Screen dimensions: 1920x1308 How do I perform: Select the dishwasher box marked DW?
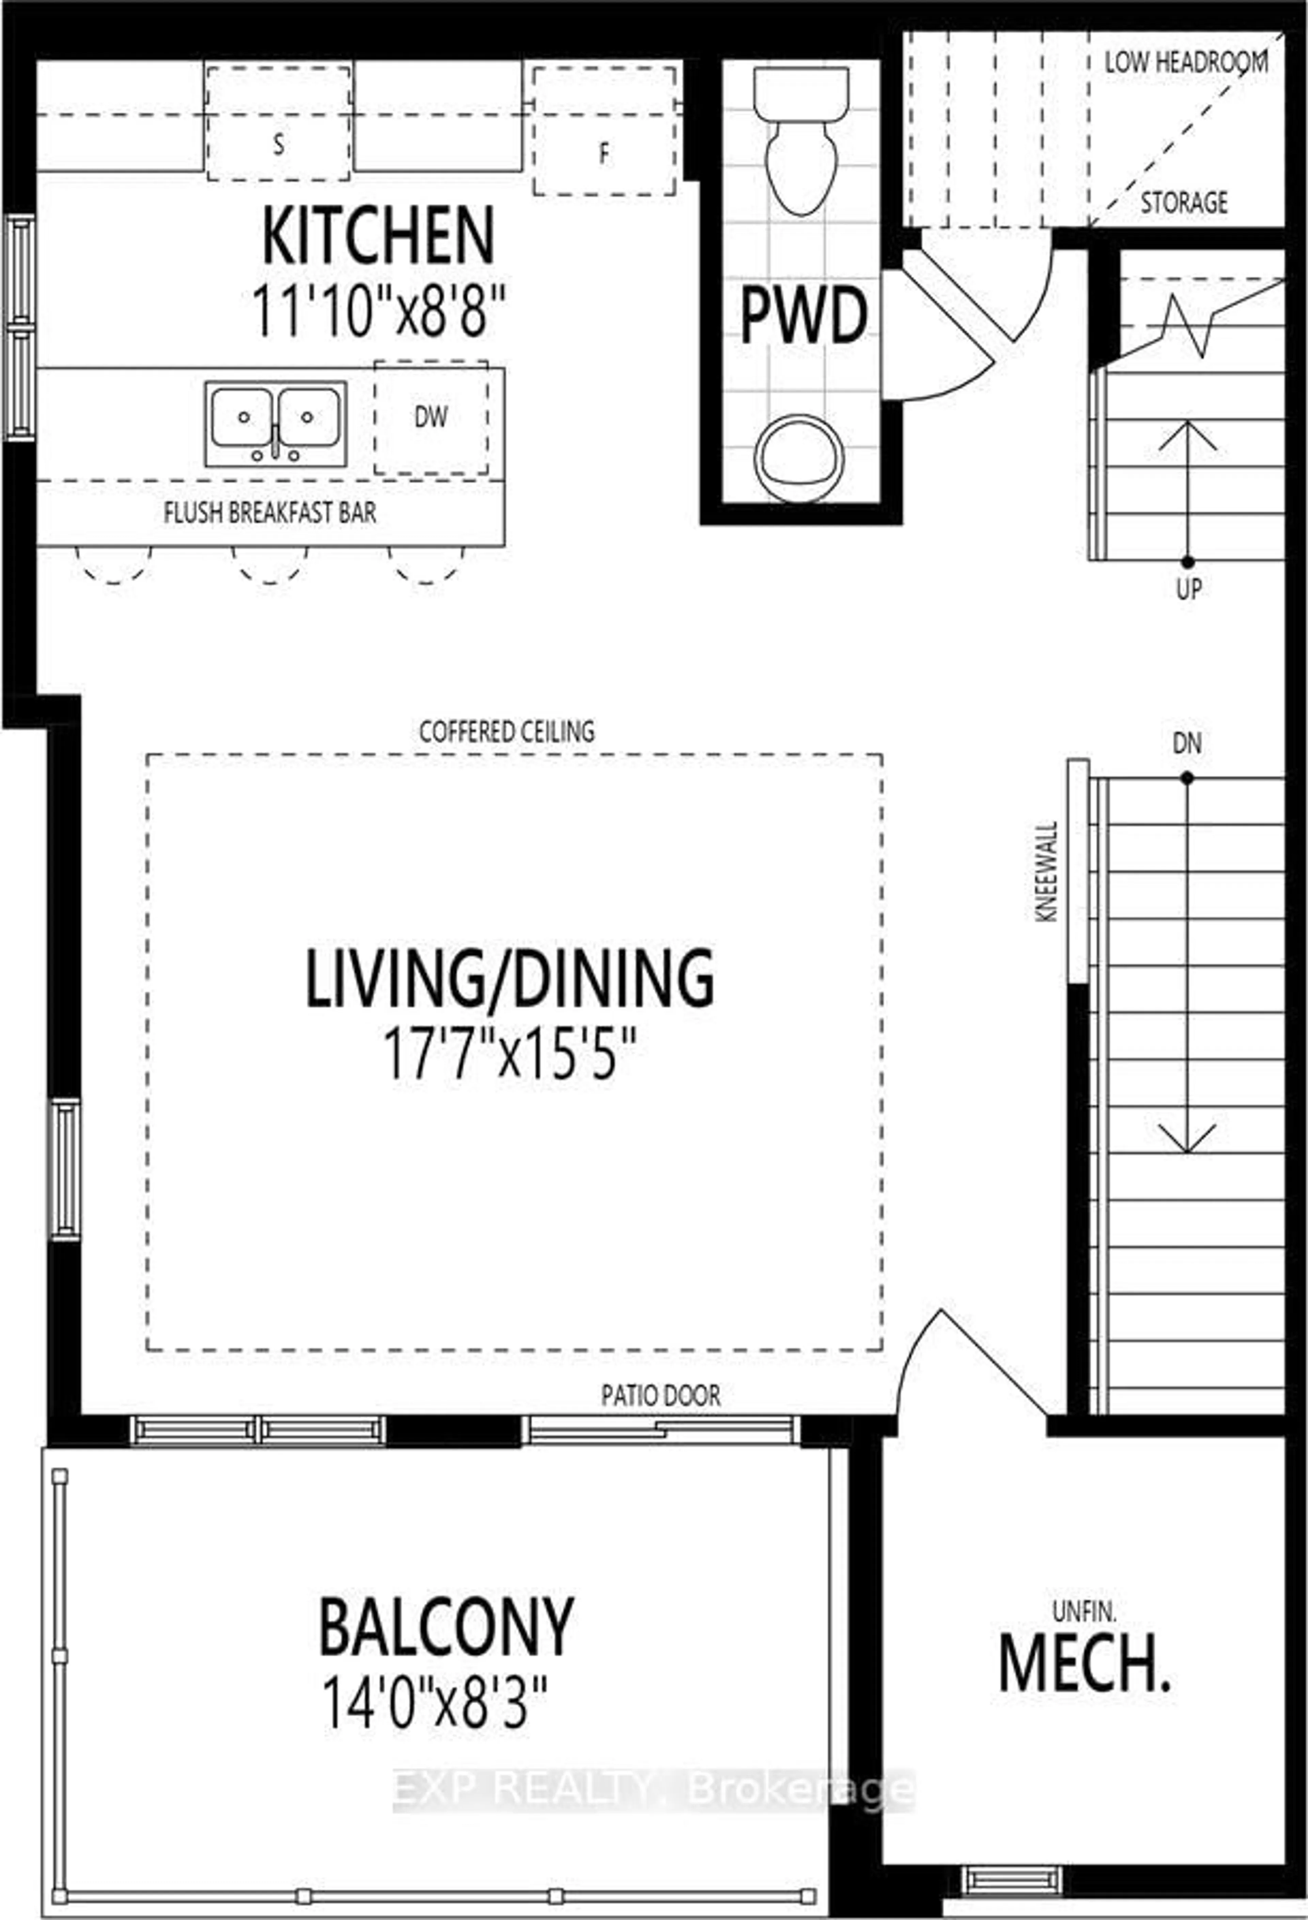click(x=431, y=418)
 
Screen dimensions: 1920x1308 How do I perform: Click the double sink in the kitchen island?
click(x=275, y=423)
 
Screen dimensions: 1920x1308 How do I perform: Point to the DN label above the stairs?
click(x=1186, y=743)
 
